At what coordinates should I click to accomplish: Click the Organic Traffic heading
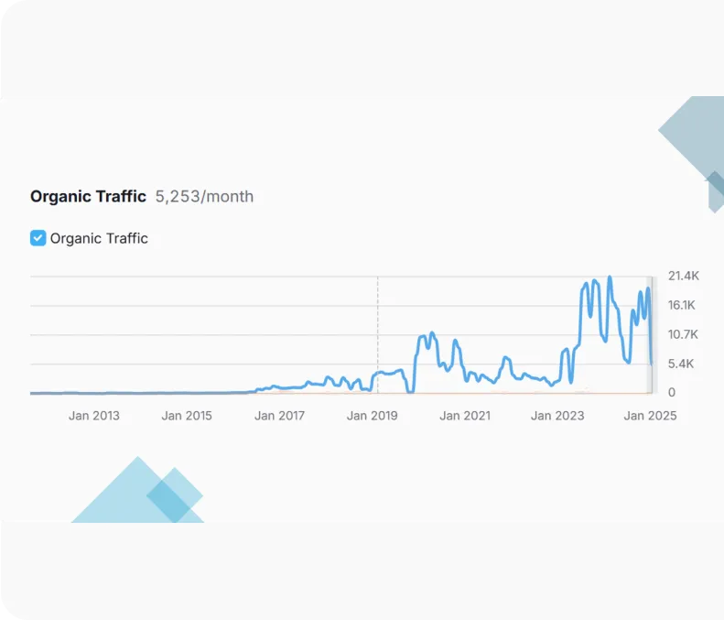88,196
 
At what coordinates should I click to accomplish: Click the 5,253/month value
204,196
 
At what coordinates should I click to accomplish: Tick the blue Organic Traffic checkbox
38,238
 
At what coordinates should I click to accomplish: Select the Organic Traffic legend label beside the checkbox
99,238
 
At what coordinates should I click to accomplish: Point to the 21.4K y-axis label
684,276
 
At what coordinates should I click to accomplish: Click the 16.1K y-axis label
684,305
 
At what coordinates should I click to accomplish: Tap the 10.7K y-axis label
684,334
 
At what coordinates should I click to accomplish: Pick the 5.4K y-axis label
681,364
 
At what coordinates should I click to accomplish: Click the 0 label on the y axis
671,393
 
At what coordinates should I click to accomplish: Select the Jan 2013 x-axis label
93,416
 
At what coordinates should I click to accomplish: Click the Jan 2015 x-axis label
186,416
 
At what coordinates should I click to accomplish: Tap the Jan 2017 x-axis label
279,416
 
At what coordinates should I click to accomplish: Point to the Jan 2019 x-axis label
372,416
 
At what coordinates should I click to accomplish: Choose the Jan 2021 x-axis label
464,416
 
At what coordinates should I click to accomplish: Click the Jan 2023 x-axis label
557,416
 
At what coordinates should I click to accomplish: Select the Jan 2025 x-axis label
650,416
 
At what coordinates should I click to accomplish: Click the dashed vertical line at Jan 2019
378,321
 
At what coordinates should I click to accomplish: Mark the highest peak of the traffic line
610,277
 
